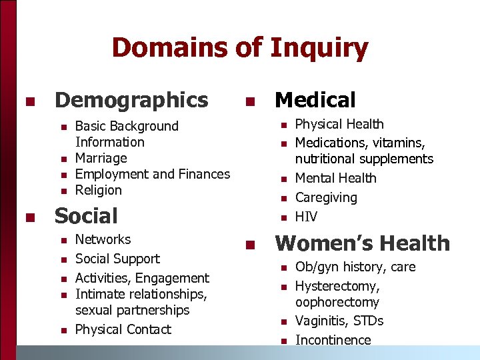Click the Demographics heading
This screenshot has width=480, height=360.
click(131, 100)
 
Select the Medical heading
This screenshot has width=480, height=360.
click(315, 100)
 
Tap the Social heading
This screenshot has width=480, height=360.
click(86, 215)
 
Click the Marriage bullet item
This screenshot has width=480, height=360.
click(101, 158)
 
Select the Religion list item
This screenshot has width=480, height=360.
click(99, 190)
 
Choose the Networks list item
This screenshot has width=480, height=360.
click(103, 239)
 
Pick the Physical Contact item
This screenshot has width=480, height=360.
click(123, 329)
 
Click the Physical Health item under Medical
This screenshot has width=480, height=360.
click(339, 124)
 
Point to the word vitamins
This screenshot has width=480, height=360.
click(401, 143)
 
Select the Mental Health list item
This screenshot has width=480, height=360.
click(335, 178)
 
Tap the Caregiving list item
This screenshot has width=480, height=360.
click(326, 197)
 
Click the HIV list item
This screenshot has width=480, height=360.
click(306, 217)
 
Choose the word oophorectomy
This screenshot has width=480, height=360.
click(337, 302)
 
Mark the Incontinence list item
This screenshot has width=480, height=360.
click(333, 340)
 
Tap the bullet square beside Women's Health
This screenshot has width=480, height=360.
click(249, 245)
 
